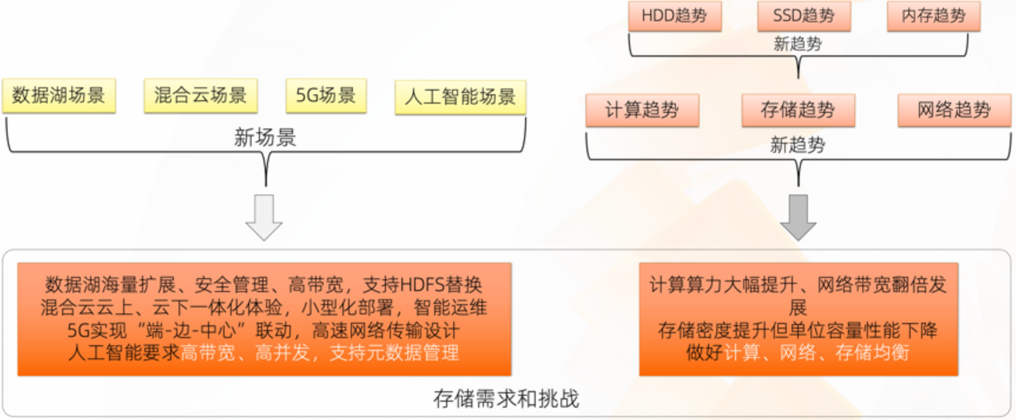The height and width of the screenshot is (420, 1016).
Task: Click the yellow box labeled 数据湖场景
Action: pos(58,95)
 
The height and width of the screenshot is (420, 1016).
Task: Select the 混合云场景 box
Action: pos(200,95)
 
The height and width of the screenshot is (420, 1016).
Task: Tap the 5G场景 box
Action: pos(326,95)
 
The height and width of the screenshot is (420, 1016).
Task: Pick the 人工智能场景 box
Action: pos(460,97)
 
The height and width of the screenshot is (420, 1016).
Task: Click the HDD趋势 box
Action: pos(674,16)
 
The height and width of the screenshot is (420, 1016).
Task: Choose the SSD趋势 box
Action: pos(804,16)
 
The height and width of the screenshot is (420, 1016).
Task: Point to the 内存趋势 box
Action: pos(933,16)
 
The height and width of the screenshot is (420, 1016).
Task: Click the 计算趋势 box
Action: pos(642,110)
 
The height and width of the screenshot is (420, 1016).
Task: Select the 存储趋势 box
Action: pos(798,110)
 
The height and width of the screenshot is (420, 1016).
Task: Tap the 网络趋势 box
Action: pos(954,110)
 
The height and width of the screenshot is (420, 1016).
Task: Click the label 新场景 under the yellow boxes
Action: pos(265,138)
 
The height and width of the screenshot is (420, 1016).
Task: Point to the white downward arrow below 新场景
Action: pos(264,217)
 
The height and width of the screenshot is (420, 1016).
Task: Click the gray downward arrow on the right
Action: pos(798,217)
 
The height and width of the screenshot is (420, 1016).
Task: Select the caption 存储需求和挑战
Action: pos(506,399)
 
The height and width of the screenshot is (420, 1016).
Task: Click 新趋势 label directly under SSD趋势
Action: pos(797,44)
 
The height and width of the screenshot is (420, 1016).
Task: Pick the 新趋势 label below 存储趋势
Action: pos(797,145)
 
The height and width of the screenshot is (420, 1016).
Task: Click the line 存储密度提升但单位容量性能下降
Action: pos(798,330)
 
